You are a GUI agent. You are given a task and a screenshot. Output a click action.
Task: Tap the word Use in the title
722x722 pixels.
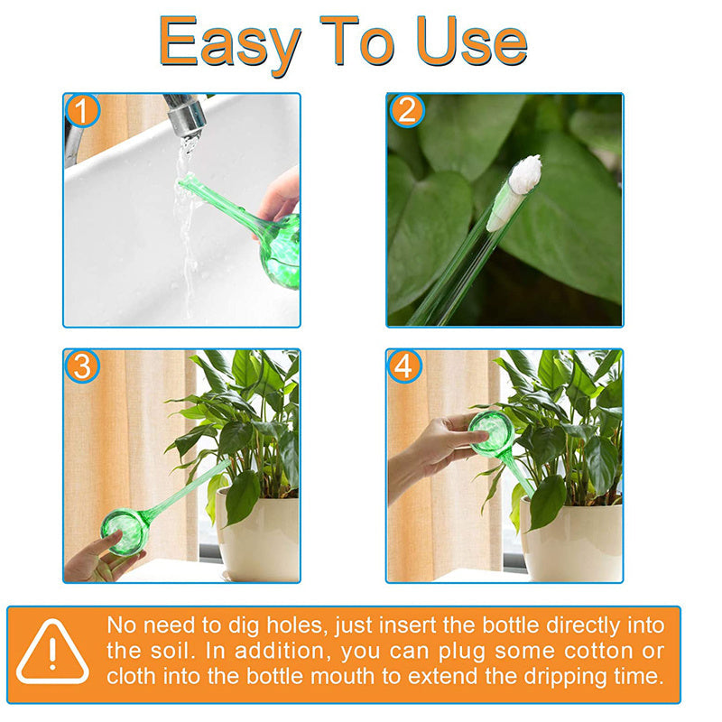(472, 41)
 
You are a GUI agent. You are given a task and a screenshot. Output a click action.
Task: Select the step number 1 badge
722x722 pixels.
(82, 110)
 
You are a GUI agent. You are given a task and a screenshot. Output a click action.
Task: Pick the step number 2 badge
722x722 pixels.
(407, 110)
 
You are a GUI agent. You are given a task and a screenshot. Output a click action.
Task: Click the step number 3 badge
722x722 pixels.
(82, 366)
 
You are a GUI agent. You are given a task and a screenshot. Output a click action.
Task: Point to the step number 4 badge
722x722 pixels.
(405, 366)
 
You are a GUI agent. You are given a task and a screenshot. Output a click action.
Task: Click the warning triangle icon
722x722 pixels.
(52, 651)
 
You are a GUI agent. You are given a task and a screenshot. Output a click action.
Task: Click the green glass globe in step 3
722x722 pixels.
(125, 531)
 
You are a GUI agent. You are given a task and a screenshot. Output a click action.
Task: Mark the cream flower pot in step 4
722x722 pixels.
(572, 541)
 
